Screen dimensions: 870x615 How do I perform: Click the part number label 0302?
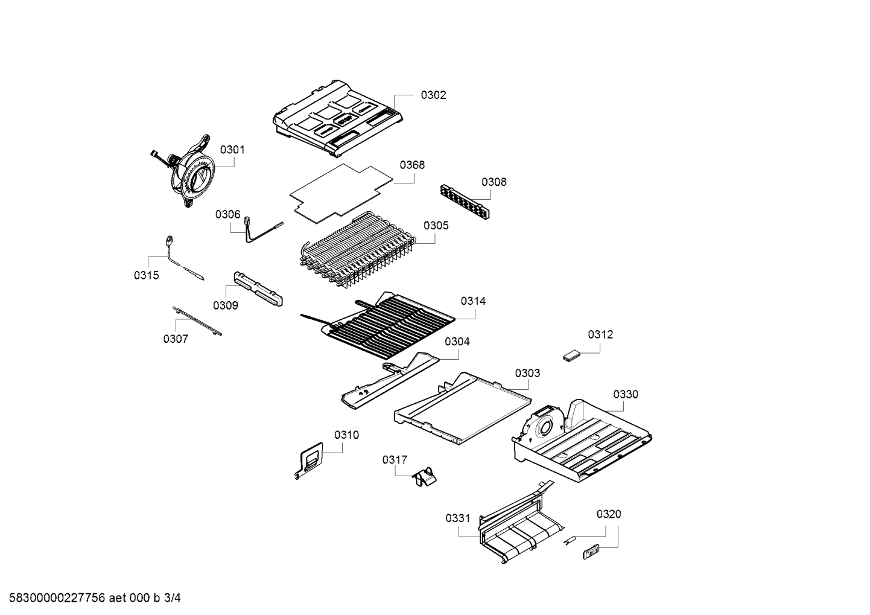click(433, 95)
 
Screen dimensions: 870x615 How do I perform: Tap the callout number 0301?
click(232, 150)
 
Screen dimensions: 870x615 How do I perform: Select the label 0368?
click(412, 165)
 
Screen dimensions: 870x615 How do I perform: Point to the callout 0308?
click(494, 182)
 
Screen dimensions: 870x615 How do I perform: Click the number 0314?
click(473, 301)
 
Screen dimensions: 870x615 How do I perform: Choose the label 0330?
click(626, 394)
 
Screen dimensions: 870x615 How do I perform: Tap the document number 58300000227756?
click(57, 597)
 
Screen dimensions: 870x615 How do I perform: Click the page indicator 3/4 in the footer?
click(172, 597)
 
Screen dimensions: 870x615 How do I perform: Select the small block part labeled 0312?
click(571, 356)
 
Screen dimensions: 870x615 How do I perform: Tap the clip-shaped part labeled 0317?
click(424, 480)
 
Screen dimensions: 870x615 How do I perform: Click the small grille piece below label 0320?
click(591, 552)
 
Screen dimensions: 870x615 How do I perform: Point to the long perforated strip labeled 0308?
click(465, 202)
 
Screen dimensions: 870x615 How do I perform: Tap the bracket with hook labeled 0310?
click(308, 460)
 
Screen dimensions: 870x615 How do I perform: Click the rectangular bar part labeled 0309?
click(258, 288)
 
